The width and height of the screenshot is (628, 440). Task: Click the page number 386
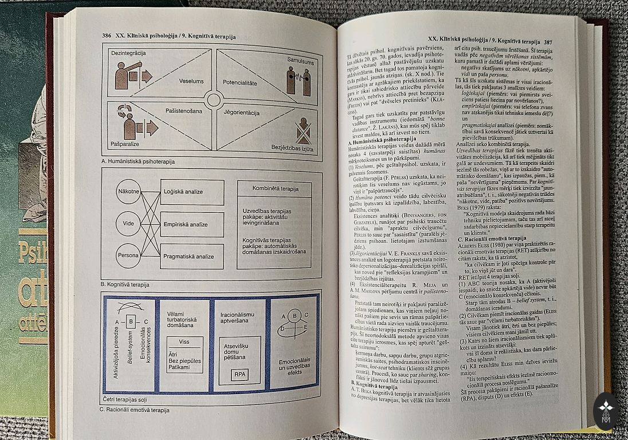107,36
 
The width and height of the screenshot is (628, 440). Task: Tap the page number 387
548,41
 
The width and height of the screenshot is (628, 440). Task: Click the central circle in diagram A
214,100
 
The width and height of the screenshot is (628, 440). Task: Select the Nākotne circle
128,191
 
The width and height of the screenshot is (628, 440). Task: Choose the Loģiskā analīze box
192,192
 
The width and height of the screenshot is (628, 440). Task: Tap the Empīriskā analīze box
192,224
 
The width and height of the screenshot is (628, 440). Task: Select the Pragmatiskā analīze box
193,256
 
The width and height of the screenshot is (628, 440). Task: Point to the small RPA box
239,375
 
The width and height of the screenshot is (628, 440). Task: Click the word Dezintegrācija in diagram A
128,53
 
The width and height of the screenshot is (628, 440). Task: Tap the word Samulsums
301,60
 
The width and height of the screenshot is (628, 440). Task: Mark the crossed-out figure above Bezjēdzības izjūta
303,131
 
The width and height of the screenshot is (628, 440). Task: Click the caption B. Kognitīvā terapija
125,284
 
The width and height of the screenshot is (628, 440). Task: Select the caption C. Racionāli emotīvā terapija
135,410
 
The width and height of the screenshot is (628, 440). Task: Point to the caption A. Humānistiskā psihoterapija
138,162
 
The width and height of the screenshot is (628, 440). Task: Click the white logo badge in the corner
606,410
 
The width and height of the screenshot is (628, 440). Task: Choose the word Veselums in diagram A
191,81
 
